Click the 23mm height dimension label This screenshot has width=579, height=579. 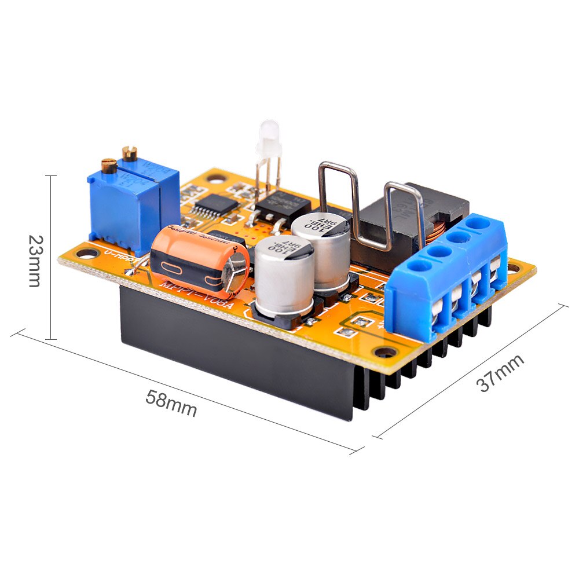coord(35,261)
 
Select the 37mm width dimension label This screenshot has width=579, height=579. coord(501,373)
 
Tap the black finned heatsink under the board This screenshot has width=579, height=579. coord(243,359)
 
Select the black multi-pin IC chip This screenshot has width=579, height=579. coord(215,204)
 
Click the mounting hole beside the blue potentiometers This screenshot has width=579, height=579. coord(87,254)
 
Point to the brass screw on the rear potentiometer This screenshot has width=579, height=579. coord(129,153)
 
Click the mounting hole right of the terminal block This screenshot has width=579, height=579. coord(514,267)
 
